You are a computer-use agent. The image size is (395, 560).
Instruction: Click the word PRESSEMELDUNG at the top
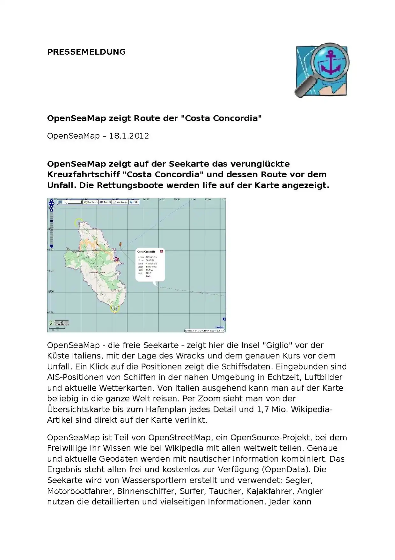[86, 52]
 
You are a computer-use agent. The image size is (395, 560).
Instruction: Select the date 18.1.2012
[129, 136]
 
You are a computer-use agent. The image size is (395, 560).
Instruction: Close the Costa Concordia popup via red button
[161, 251]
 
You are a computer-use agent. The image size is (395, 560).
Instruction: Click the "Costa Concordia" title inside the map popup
[146, 252]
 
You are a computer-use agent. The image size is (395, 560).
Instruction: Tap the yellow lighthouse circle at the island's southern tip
[115, 308]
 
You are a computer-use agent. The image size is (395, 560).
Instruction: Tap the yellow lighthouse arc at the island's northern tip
[78, 221]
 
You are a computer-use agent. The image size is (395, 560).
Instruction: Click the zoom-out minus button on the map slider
[51, 246]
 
